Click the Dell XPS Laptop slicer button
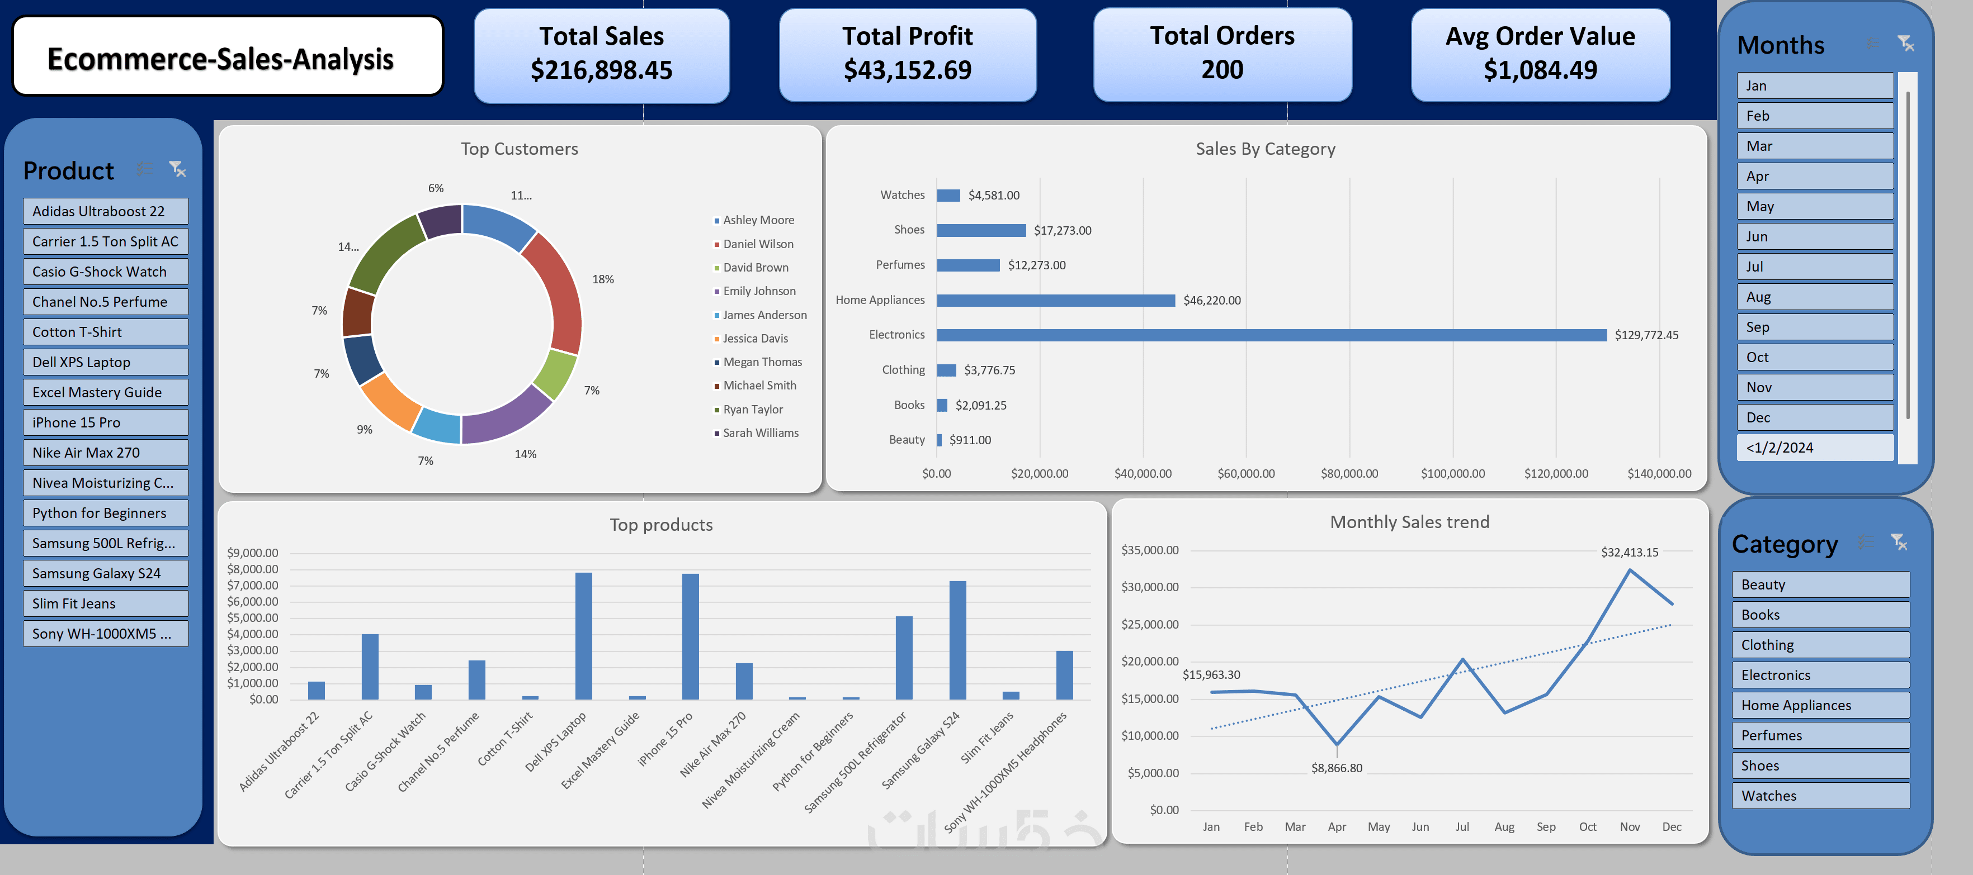click(106, 362)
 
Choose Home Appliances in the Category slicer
click(1820, 705)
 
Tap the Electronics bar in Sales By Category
click(1271, 335)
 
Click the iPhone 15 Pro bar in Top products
click(690, 636)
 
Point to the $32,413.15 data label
click(1629, 552)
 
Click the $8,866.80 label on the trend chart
click(1337, 768)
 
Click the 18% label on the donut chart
click(603, 279)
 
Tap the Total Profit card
click(908, 54)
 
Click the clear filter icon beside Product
click(178, 169)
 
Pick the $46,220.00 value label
click(1212, 301)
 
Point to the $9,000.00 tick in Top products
click(253, 553)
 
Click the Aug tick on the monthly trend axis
click(1504, 827)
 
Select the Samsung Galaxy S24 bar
click(957, 640)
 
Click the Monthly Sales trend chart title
click(1409, 522)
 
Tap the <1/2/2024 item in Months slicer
click(1814, 448)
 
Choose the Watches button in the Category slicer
click(1820, 796)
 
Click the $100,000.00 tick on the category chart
click(1452, 474)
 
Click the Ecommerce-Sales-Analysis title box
click(228, 56)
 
